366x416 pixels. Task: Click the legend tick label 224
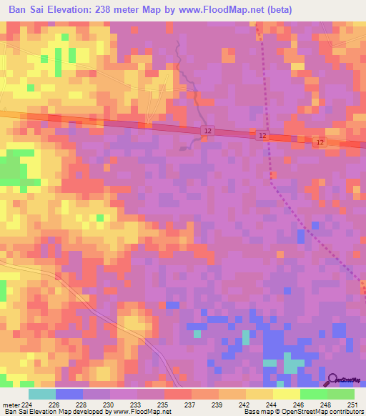(28, 405)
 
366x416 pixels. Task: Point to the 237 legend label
(191, 405)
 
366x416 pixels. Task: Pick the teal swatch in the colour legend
(41, 394)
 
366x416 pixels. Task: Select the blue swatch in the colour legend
(69, 394)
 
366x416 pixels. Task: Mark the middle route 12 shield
(263, 135)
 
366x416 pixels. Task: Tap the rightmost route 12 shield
(320, 143)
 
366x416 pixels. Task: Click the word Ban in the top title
(20, 10)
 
